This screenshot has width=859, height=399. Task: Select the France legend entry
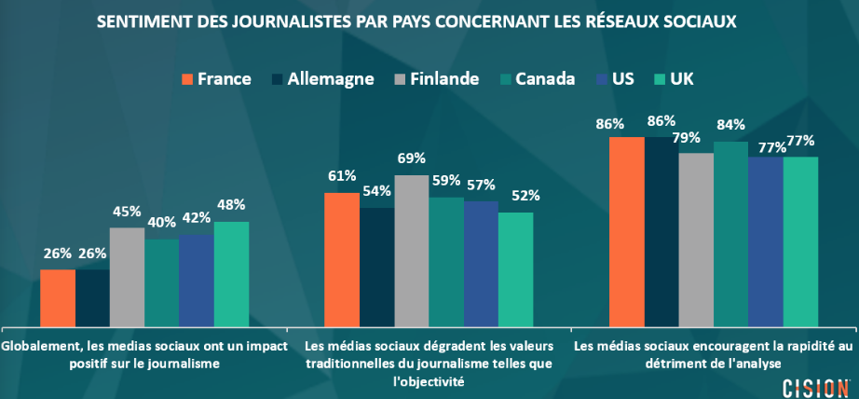216,78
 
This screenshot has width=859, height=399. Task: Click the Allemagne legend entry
323,78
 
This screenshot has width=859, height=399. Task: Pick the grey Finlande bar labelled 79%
696,237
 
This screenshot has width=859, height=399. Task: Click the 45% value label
127,211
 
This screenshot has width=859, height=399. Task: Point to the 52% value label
525,196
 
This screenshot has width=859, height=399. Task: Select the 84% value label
731,125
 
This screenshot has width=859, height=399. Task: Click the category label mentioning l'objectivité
429,364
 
